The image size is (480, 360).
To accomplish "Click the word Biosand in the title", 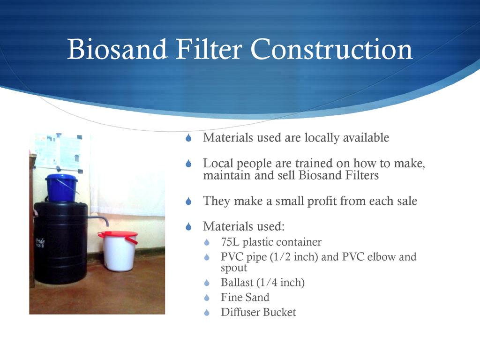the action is pyautogui.click(x=117, y=49).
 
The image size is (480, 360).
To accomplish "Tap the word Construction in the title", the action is pyautogui.click(x=331, y=49).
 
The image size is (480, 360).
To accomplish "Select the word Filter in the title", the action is pyautogui.click(x=209, y=49).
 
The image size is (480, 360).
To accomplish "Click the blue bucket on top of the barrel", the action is pyautogui.click(x=61, y=187).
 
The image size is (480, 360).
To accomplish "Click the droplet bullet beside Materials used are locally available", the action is pyautogui.click(x=188, y=138).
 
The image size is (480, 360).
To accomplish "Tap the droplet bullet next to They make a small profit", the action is pyautogui.click(x=188, y=202).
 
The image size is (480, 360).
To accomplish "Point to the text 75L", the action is pyautogui.click(x=230, y=242).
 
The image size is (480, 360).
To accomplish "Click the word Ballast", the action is pyautogui.click(x=237, y=282).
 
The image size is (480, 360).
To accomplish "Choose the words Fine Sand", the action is pyautogui.click(x=245, y=297).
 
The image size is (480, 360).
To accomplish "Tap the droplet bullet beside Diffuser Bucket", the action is pyautogui.click(x=207, y=313).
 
